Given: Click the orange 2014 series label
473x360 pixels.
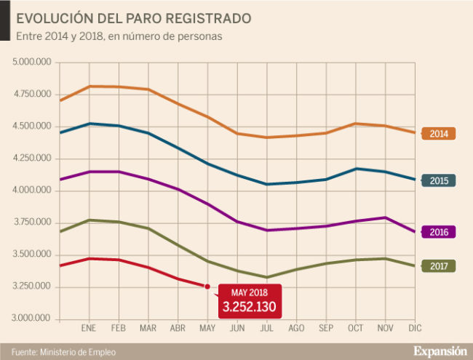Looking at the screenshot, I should point(439,134).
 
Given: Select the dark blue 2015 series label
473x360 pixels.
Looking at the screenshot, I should point(439,180).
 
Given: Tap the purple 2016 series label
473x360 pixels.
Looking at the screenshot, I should point(439,232).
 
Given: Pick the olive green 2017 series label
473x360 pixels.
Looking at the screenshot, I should point(439,266).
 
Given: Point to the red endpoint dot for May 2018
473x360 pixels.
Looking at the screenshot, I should point(207,287).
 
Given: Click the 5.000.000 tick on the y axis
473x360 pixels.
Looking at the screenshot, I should point(31,63).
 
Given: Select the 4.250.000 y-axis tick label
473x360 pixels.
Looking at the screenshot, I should point(31,159).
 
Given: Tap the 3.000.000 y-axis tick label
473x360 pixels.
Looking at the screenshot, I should point(31,319).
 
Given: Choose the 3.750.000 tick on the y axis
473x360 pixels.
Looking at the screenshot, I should point(31,223).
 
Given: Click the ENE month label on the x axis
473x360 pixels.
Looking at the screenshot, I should point(90,329).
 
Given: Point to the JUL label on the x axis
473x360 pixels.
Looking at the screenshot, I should point(267,329).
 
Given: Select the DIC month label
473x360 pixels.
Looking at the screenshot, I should point(415,329).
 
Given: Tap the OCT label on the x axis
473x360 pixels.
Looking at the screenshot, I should point(356,329).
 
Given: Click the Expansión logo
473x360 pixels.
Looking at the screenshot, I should point(440,350).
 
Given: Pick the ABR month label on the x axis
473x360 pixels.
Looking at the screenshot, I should point(178,329).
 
